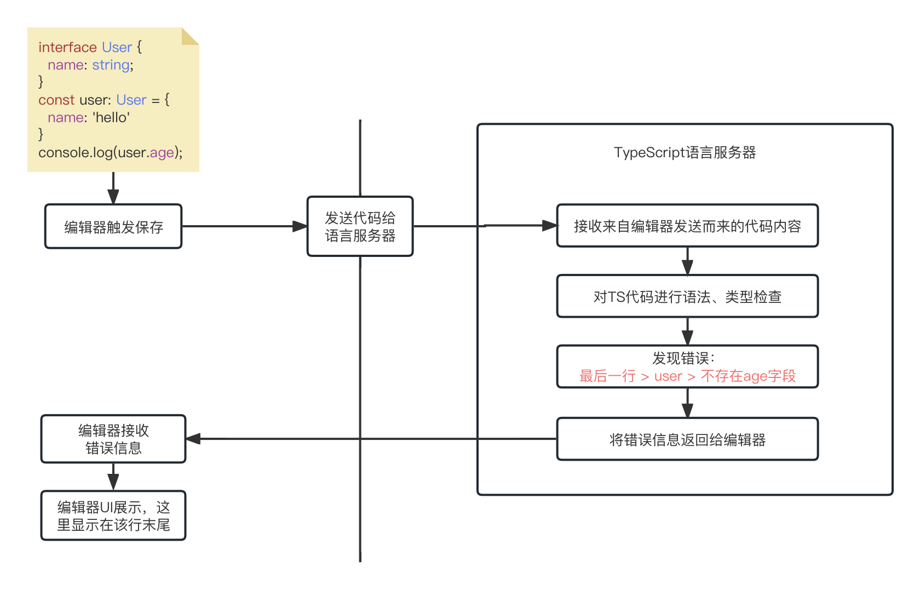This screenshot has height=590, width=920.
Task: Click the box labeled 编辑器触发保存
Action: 113,227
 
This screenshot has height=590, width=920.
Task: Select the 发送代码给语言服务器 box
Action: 360,227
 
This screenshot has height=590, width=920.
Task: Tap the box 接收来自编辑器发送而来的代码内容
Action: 687,226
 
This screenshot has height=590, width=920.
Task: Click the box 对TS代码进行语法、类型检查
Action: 687,296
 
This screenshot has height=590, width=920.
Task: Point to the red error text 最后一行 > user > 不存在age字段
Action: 687,376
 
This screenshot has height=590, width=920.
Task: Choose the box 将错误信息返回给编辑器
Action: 687,439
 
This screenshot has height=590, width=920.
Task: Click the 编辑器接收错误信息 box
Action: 113,439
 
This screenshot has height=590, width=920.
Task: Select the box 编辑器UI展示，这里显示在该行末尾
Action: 113,515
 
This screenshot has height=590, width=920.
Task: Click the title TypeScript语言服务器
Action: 685,152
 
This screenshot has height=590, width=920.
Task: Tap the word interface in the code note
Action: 67,47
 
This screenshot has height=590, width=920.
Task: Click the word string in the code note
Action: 111,65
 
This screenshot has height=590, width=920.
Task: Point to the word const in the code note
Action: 56,100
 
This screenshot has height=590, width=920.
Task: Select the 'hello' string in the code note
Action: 111,117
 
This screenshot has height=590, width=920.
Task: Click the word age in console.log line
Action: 162,152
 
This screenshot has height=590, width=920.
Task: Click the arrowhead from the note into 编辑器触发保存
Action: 113,197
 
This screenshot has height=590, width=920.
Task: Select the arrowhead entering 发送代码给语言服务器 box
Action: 300,226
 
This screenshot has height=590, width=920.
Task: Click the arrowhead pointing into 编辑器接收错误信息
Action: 193,439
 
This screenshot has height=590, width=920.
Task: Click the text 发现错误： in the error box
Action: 683,358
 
